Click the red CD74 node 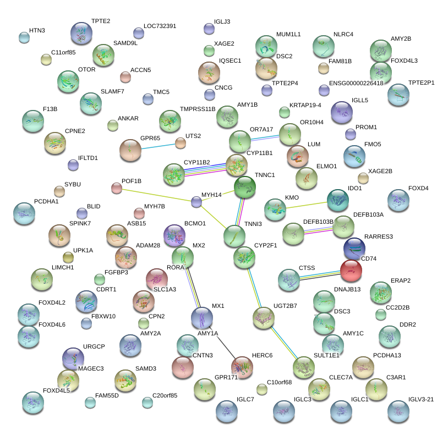coord(351,270)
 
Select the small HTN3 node coord(24,37)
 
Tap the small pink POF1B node coord(116,188)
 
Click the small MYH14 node coord(196,202)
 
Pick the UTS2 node coord(181,143)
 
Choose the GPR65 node coord(131,150)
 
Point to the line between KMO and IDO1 coord(306,205)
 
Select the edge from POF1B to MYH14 coord(156,195)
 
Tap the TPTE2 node coord(81,34)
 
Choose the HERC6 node coord(242,367)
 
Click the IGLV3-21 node coord(398,410)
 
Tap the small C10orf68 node coord(262,389)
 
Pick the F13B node coord(32,121)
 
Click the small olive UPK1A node coord(68,257)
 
